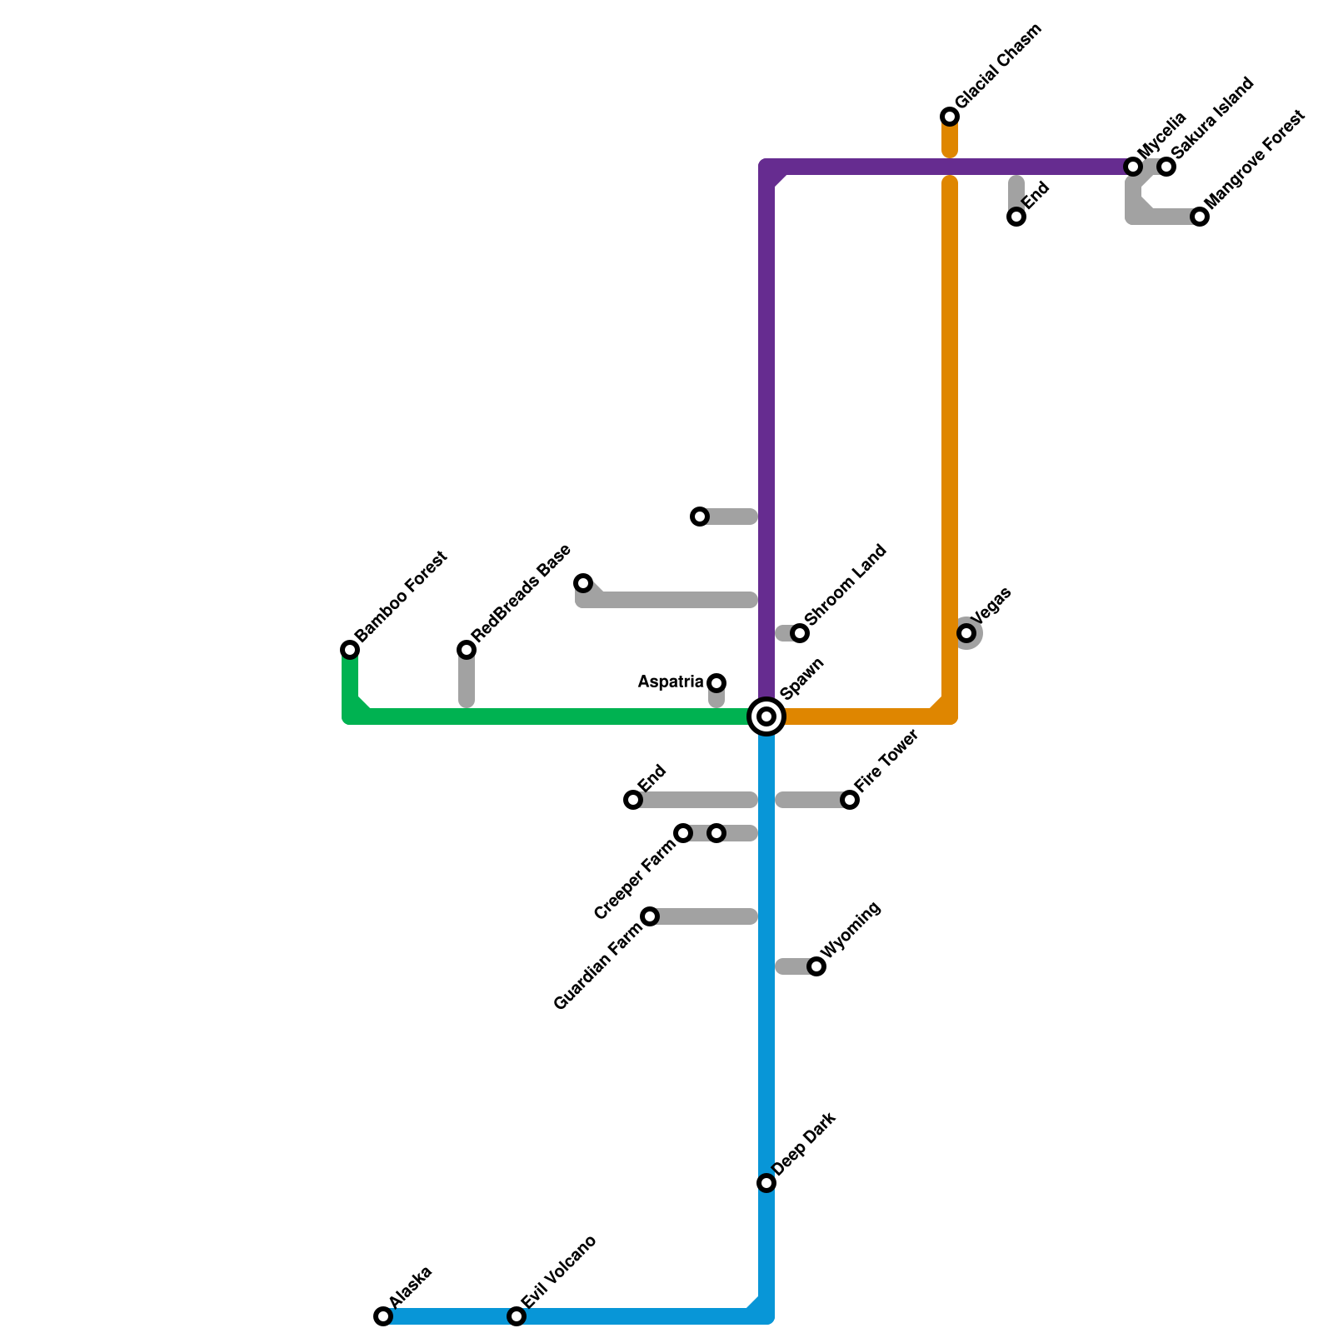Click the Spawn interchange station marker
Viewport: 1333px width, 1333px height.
[766, 716]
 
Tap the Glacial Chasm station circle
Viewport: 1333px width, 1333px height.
[950, 117]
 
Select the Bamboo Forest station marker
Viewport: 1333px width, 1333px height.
[350, 650]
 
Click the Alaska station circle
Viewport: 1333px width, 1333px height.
[383, 1316]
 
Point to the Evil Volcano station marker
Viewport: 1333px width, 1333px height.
[517, 1316]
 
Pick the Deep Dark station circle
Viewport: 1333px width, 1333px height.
[766, 1183]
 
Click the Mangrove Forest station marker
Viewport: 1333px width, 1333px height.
[1200, 217]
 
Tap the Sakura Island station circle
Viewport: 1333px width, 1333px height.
[1167, 167]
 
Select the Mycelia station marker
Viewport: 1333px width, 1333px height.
[1133, 167]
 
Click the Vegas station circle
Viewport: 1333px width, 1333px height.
[966, 633]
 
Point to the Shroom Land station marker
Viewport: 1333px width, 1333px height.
[800, 633]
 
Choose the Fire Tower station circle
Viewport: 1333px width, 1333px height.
[850, 800]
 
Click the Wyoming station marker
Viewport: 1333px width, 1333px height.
[816, 966]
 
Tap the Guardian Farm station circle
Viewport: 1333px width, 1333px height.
[650, 916]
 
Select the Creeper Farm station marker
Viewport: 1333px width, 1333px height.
[683, 833]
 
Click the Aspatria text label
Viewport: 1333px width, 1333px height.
[671, 682]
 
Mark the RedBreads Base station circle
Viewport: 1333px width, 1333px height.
[467, 650]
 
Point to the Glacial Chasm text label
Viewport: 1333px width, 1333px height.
[999, 67]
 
